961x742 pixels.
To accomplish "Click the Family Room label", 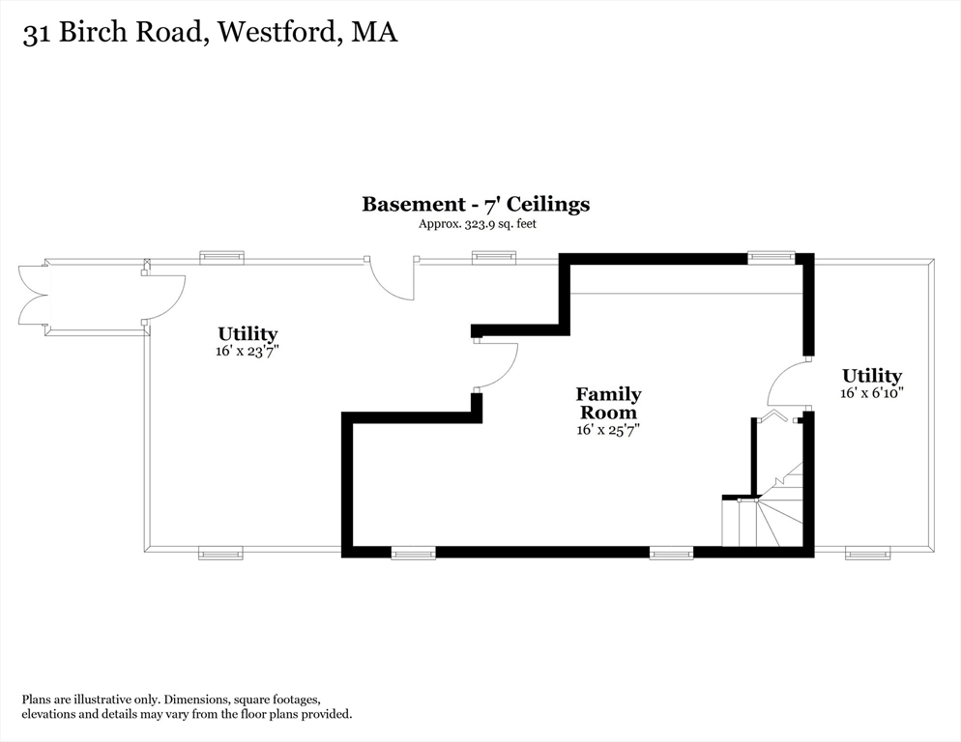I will (x=608, y=403).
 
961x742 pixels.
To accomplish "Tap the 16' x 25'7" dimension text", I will (x=608, y=430).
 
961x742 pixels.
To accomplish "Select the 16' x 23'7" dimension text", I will (x=248, y=352).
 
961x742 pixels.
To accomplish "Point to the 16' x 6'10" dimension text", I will (x=872, y=392).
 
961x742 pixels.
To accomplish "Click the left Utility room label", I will (x=248, y=334).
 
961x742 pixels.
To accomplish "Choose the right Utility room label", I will (x=872, y=376).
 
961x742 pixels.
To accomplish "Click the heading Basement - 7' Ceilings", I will (x=476, y=204).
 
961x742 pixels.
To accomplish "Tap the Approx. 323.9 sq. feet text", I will (x=477, y=224).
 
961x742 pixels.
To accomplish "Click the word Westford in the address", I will (x=278, y=32).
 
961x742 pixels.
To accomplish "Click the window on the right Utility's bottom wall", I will (x=867, y=554).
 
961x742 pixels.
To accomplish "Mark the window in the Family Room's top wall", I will (x=771, y=257).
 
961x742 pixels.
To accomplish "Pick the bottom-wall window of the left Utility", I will (x=220, y=554).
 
